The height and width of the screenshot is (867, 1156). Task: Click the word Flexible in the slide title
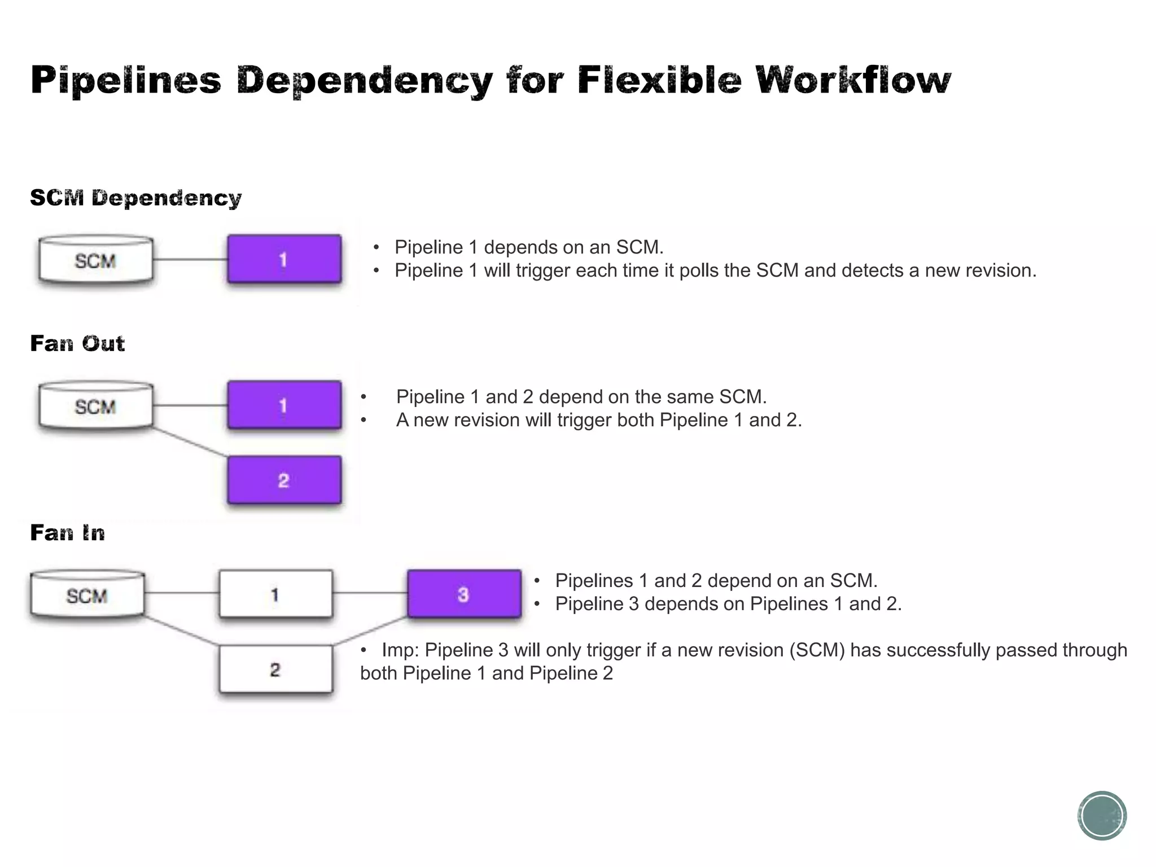659,80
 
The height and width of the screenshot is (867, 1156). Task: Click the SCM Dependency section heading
135,198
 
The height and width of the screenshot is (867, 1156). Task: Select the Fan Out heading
77,343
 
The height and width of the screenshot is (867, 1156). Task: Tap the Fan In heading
67,532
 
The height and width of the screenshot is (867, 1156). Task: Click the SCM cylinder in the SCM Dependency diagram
95,260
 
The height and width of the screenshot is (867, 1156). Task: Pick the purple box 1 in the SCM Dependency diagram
284,259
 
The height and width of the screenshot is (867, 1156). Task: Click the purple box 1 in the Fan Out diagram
284,405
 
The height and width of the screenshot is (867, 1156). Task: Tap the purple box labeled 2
284,480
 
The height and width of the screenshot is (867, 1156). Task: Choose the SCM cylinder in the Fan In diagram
87,594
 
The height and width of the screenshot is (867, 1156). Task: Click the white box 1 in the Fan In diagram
275,594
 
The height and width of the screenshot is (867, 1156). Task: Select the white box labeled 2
275,669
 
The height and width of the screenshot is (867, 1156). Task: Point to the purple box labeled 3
464,594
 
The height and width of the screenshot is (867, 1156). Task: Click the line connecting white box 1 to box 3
370,593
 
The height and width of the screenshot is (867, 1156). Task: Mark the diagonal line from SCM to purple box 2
190,442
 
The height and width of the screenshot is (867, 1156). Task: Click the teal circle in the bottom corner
1102,815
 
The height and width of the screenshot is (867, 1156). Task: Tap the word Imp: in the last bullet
400,650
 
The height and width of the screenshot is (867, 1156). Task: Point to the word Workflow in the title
853,80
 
